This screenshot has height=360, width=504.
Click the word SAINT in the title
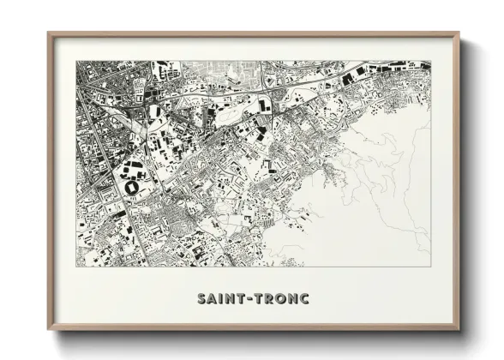[x=218, y=299]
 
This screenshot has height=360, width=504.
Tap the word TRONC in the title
[x=278, y=299]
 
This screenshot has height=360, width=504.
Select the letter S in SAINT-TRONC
[x=201, y=299]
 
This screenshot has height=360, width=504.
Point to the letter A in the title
[x=211, y=299]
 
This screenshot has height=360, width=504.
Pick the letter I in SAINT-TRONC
[x=219, y=299]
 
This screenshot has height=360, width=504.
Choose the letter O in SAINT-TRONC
[x=278, y=299]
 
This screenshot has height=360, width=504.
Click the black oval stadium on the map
[x=135, y=186]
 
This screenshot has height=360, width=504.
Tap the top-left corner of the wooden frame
[x=49, y=33]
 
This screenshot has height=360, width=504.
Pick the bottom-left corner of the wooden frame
[x=49, y=331]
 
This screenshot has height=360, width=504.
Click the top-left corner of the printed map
[x=77, y=61]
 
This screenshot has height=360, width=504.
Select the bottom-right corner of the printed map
[x=430, y=267]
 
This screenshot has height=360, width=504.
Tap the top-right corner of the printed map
[x=430, y=61]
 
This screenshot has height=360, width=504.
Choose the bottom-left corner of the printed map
[x=77, y=267]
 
